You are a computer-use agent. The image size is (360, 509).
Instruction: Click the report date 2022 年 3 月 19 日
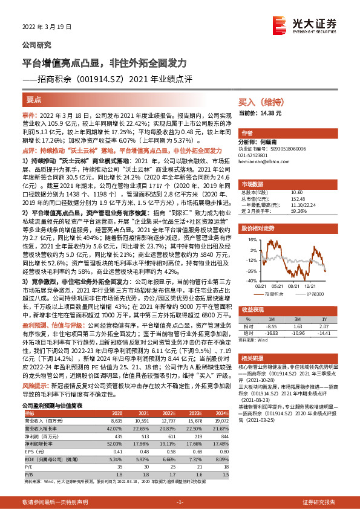click(47, 27)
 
